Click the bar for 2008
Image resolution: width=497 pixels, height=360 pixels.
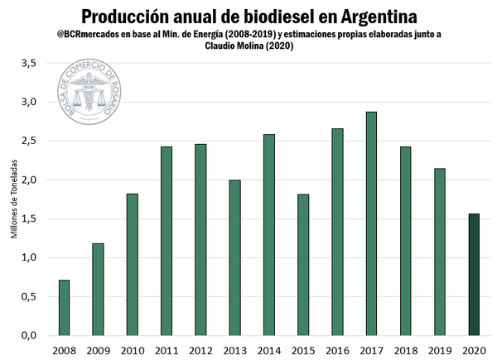[64, 307]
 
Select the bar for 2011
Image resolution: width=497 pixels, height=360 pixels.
[166, 241]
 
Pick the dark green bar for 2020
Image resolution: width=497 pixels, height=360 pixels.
[474, 274]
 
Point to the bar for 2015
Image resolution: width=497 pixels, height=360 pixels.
[303, 265]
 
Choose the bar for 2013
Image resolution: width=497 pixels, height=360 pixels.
[234, 257]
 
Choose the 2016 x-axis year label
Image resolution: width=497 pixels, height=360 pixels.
[337, 350]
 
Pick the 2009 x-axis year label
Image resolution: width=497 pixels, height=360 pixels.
[98, 350]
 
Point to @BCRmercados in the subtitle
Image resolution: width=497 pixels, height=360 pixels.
[90, 35]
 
